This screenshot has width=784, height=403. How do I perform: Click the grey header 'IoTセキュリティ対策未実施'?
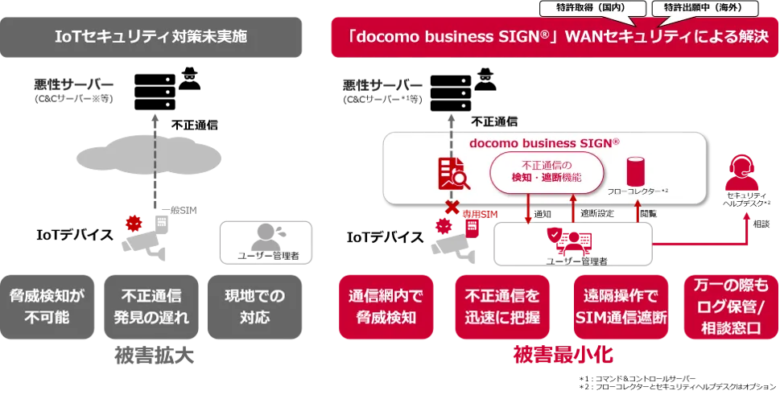(x=151, y=37)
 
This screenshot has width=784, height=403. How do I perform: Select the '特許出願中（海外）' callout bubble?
(x=705, y=9)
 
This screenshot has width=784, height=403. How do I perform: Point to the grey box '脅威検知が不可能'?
(x=47, y=306)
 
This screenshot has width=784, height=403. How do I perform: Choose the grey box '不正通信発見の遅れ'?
(x=151, y=306)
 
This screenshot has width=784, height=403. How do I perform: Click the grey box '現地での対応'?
(x=254, y=306)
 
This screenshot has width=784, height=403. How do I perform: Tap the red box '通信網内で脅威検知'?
(x=386, y=306)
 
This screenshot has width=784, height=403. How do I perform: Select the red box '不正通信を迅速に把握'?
(x=502, y=306)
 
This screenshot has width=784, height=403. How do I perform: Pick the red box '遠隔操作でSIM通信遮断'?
(x=621, y=306)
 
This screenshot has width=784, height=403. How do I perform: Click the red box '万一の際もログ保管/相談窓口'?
(x=731, y=306)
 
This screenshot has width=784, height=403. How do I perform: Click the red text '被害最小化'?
(x=563, y=355)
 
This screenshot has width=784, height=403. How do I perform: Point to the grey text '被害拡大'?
(x=154, y=356)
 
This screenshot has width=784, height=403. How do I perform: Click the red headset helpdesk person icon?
(x=741, y=173)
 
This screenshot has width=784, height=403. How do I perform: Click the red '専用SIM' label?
(x=480, y=214)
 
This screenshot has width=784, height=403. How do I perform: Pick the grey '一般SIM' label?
(x=179, y=210)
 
